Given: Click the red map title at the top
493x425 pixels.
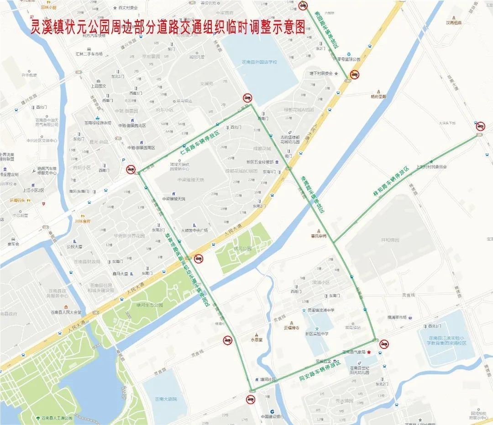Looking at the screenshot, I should (x=167, y=27).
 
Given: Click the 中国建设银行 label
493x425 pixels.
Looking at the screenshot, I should (x=269, y=416).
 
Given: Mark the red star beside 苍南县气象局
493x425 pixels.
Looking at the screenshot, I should (x=369, y=352).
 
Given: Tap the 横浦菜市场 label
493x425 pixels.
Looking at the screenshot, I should (x=397, y=317).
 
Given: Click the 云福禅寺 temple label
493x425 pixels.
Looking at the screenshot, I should (x=291, y=327).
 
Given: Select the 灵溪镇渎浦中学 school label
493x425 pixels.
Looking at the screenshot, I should (x=321, y=310).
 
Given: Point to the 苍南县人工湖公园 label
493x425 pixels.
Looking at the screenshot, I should (x=57, y=418).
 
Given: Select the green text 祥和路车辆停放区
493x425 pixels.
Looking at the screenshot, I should (x=391, y=181).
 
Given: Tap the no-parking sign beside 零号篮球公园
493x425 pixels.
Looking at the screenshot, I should (x=354, y=75).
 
